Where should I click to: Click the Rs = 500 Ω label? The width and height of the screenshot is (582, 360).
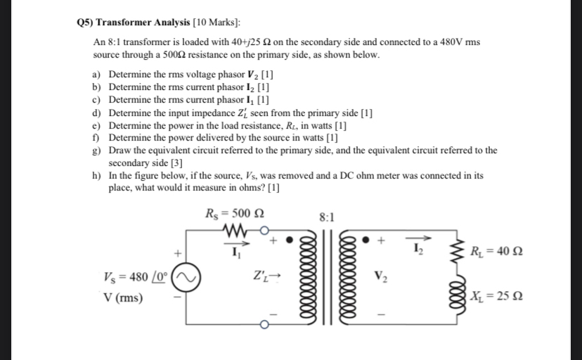coord(233,214)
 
